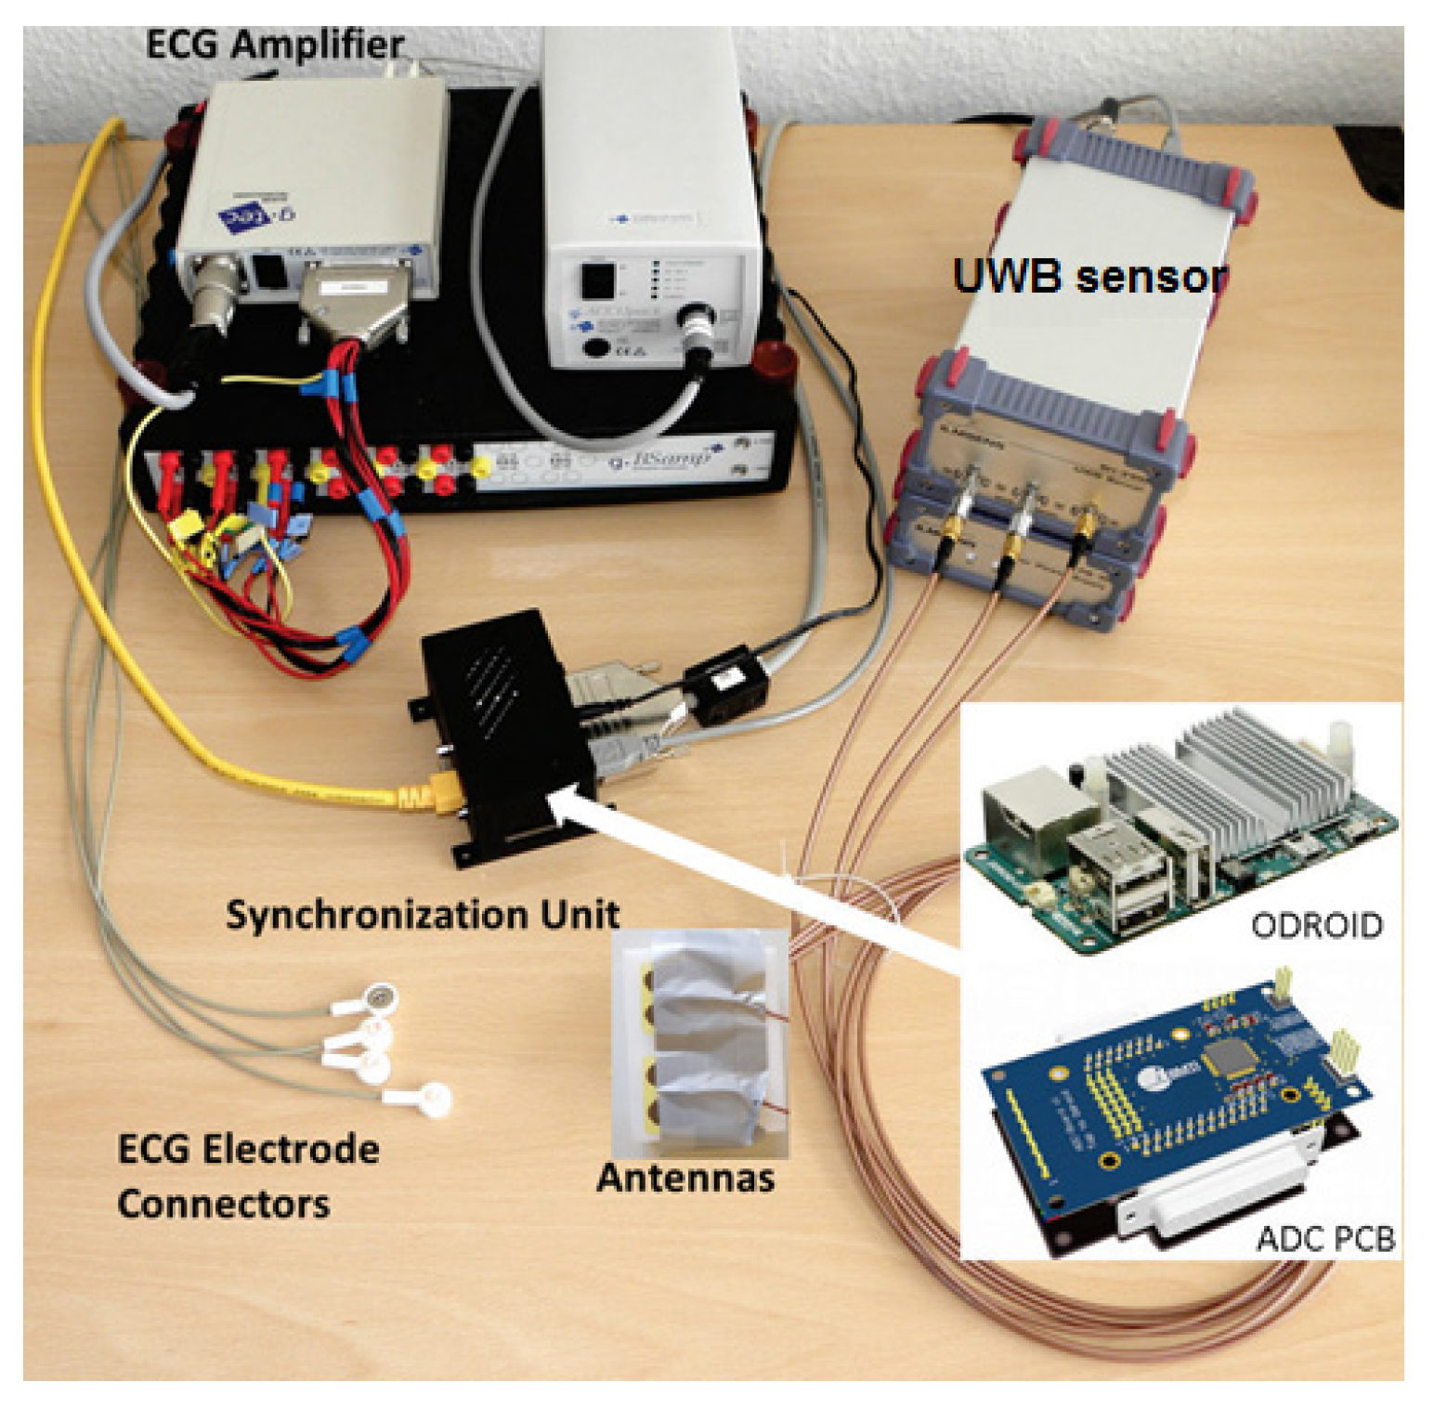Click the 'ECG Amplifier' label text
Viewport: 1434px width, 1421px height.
275,44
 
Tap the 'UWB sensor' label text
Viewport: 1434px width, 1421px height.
1089,276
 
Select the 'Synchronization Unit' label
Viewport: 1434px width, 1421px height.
423,914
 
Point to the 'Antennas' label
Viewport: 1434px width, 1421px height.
685,1177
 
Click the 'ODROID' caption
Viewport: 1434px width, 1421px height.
1316,925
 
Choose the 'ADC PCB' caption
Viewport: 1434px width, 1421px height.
1324,1238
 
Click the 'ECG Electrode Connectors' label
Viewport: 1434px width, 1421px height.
248,1176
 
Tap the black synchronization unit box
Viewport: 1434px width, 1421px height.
502,724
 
